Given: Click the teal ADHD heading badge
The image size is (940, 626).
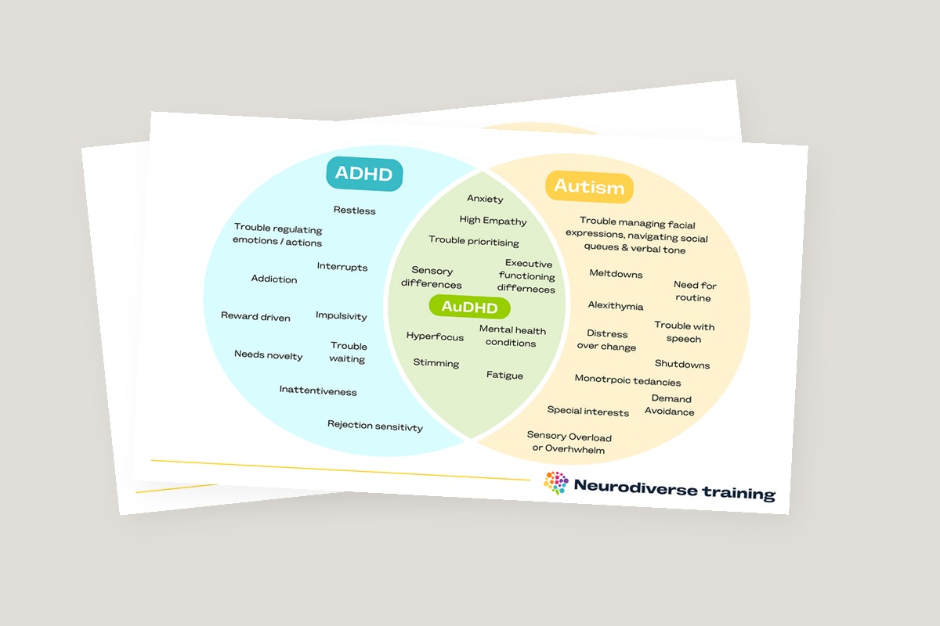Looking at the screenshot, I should pos(363,174).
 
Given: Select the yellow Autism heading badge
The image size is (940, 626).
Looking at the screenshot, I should pos(589,187).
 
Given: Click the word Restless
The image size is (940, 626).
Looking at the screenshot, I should pos(354,210).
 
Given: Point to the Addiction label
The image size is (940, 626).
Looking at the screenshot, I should pos(274,279).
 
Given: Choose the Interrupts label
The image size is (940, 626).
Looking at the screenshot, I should pos(342,267).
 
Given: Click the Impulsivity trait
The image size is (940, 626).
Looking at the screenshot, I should pos(342,316).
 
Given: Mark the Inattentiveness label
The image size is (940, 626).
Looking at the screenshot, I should pos(318,391).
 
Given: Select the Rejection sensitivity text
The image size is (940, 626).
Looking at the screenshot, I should pos(375,426).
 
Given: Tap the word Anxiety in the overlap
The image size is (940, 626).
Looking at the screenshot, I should pos(485,199).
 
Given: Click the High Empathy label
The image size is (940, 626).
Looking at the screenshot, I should pos(493,221).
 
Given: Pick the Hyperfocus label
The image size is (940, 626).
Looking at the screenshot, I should pos(435,337).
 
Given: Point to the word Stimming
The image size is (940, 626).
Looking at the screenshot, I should pos(436,363).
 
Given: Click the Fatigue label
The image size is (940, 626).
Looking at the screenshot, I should pos(504,376).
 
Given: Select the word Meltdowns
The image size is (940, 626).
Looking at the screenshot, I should pos(616,275).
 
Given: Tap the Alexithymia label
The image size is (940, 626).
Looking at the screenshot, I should pos(616,306).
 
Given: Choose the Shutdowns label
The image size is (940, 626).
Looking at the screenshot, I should pos(682,365).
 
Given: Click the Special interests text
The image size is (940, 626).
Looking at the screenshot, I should pos(588,412).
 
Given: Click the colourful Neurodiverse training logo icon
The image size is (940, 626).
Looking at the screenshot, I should pos(555,483).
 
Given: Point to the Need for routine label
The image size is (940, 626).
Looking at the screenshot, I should pos(695,292).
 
